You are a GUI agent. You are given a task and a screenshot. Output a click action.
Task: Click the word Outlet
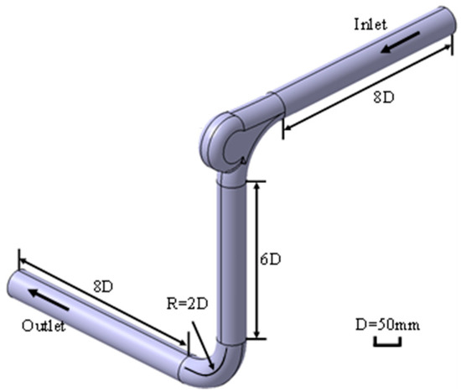click(x=44, y=326)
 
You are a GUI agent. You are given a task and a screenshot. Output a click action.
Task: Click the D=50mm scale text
click(x=388, y=322)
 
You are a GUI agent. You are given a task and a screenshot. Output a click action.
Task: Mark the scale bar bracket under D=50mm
click(x=394, y=340)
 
